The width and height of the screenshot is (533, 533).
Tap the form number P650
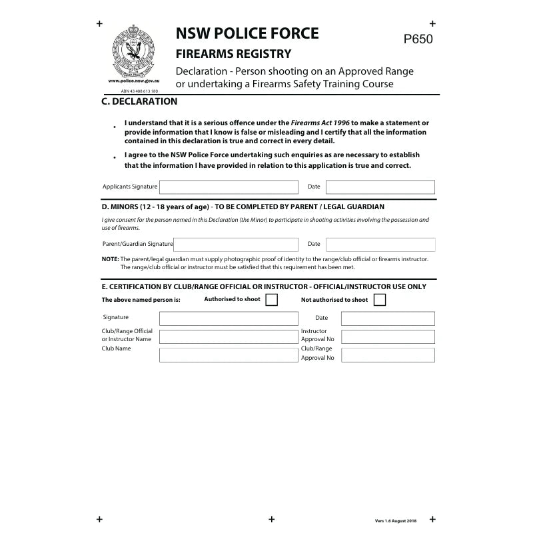[x=418, y=39]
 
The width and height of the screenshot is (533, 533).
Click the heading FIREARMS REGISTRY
[x=233, y=54]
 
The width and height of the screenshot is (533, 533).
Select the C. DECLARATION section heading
[x=139, y=102]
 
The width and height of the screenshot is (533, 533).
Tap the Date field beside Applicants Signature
[x=380, y=187]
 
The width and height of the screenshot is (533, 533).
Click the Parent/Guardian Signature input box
[x=236, y=245]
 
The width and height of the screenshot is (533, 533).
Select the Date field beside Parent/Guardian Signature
[x=380, y=245]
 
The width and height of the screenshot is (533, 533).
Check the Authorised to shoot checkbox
[x=271, y=300]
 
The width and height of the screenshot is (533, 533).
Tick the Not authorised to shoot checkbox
[x=380, y=300]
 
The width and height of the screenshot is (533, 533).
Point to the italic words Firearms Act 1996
[x=320, y=123]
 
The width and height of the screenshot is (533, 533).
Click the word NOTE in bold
[x=110, y=259]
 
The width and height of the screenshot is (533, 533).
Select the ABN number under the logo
[x=139, y=91]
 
